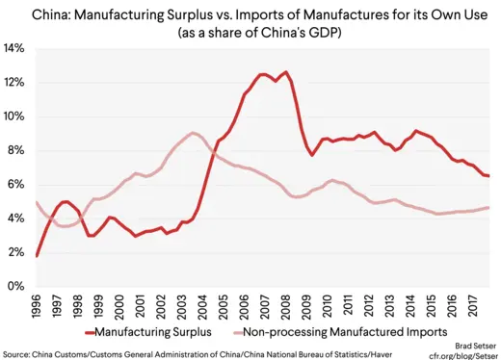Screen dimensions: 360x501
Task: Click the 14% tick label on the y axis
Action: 15,48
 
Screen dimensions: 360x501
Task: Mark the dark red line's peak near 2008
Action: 285,72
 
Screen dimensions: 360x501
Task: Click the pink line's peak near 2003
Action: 193,133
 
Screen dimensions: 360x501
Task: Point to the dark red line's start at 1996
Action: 37,256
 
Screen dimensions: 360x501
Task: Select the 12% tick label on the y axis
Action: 15,83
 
